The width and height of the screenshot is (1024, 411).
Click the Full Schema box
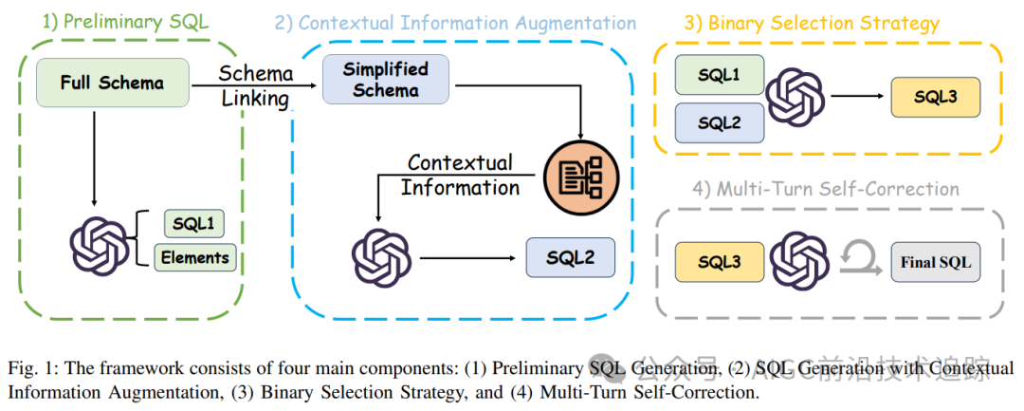[112, 83]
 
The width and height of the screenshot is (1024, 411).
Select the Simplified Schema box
[385, 80]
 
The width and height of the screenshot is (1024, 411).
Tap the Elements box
[193, 257]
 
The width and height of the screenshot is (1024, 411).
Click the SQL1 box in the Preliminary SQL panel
[192, 224]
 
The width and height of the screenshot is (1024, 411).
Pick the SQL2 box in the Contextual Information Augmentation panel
[570, 257]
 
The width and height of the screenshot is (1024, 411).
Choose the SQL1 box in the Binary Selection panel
[718, 74]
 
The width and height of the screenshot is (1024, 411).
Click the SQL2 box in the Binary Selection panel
[718, 123]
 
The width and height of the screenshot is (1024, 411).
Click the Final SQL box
[936, 262]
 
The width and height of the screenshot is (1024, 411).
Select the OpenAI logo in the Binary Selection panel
[795, 97]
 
